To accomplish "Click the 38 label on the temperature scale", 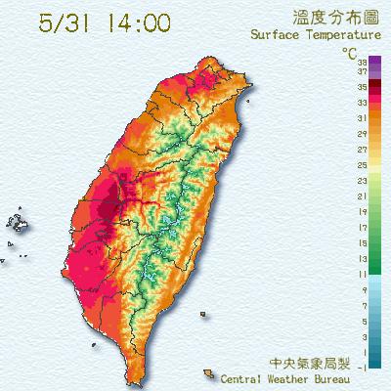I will (x=363, y=62).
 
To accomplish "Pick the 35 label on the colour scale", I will (x=363, y=86).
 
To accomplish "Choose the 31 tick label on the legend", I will (x=363, y=120).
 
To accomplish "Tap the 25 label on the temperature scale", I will (x=363, y=166).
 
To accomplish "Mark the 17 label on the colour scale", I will (x=363, y=228).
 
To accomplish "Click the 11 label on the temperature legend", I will (x=363, y=275).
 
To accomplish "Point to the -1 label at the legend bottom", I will (x=363, y=367).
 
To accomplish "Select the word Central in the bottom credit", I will (x=244, y=377).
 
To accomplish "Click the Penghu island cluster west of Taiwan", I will (x=20, y=222).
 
